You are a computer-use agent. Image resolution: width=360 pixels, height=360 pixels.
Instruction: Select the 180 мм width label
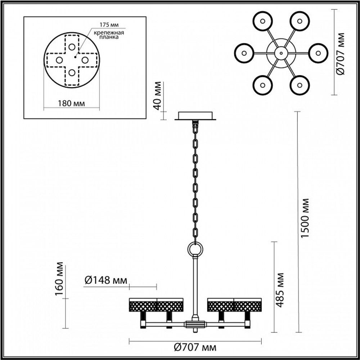(x=71, y=103)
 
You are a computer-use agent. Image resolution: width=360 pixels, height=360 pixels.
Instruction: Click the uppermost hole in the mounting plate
(x=72, y=46)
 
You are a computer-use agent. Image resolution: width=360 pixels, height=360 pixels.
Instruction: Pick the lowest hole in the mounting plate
(x=72, y=73)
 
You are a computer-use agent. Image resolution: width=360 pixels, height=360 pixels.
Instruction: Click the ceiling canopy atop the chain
(x=195, y=116)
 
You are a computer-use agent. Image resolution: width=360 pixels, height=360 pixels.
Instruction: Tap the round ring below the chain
(x=195, y=248)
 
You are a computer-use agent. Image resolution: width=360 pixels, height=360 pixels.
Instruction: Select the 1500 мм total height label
(x=305, y=218)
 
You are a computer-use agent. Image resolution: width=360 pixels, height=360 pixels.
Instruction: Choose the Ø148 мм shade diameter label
(x=106, y=280)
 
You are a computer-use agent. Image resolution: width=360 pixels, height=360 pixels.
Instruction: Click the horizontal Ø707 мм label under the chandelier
(x=195, y=347)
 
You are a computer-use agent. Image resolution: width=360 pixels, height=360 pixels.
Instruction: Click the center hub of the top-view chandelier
(x=281, y=53)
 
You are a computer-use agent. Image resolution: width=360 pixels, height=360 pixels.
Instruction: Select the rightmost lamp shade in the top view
(x=318, y=53)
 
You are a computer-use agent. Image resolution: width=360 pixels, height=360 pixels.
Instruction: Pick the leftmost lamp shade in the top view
(x=244, y=53)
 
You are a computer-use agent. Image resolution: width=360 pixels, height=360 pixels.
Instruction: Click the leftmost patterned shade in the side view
(x=143, y=305)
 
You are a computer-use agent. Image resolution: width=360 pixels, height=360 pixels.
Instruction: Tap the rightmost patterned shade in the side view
(x=248, y=305)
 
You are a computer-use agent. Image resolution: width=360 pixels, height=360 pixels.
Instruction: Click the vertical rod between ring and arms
(x=195, y=284)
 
